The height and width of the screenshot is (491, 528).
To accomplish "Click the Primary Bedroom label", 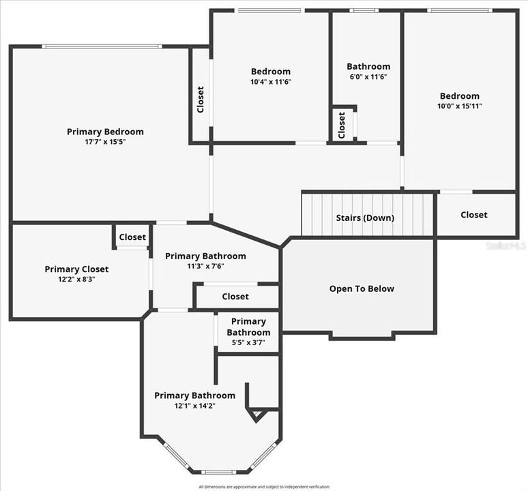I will click(x=105, y=132).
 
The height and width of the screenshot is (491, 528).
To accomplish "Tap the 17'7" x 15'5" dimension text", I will click(x=105, y=142).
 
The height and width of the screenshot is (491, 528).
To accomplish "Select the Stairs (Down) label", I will click(x=365, y=218).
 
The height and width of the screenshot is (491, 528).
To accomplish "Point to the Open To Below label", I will click(x=362, y=288).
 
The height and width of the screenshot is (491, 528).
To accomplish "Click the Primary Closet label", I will click(x=76, y=269).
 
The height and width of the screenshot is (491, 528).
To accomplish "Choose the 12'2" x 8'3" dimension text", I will click(x=76, y=279).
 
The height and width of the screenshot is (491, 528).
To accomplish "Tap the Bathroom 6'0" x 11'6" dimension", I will click(x=368, y=77).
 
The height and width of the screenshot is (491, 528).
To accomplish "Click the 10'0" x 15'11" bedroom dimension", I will click(x=459, y=106).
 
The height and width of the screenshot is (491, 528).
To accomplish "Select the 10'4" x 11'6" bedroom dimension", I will click(x=271, y=82).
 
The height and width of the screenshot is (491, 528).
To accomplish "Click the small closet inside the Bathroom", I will click(x=342, y=125).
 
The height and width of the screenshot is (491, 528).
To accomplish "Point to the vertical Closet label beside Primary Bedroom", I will click(x=200, y=100).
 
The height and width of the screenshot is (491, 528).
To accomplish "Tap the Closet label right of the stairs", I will click(x=473, y=215).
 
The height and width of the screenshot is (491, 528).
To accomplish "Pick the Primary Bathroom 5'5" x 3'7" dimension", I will click(x=248, y=343).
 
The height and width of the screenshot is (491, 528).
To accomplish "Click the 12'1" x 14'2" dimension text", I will click(x=194, y=406).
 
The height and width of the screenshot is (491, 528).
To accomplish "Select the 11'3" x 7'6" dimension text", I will click(x=205, y=266).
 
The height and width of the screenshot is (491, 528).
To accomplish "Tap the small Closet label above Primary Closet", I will click(x=132, y=237).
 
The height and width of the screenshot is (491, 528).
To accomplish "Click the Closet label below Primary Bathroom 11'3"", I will click(x=235, y=297).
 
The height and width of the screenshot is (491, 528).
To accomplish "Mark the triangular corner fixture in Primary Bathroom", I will click(x=257, y=415).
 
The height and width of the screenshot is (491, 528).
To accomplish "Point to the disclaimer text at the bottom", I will click(x=263, y=487).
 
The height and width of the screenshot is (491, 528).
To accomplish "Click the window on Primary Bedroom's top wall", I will click(x=102, y=46).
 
